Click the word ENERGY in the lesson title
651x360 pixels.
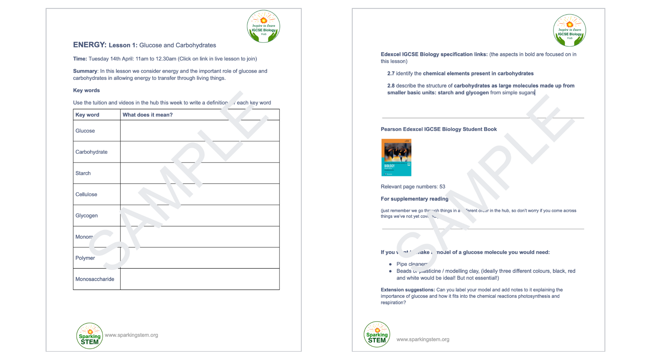click(89, 45)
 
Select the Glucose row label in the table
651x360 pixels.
click(85, 131)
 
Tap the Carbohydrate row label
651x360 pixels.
click(91, 152)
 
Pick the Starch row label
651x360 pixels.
click(83, 173)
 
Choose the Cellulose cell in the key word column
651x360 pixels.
click(86, 194)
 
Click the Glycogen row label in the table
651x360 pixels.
click(86, 216)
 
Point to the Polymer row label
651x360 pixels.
click(85, 258)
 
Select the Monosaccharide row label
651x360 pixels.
click(95, 279)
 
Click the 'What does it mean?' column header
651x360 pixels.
click(147, 115)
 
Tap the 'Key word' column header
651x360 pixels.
click(87, 115)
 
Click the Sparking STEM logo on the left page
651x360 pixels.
click(89, 336)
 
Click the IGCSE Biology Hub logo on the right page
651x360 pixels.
click(569, 31)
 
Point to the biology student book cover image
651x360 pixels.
click(396, 157)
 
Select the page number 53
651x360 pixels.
click(442, 187)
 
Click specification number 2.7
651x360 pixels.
click(391, 74)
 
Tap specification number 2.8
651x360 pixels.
click(391, 86)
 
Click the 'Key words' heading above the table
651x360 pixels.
click(86, 91)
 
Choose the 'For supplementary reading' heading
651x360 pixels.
click(414, 199)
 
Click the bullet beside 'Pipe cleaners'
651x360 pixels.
click(390, 264)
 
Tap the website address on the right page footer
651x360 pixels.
click(422, 339)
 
